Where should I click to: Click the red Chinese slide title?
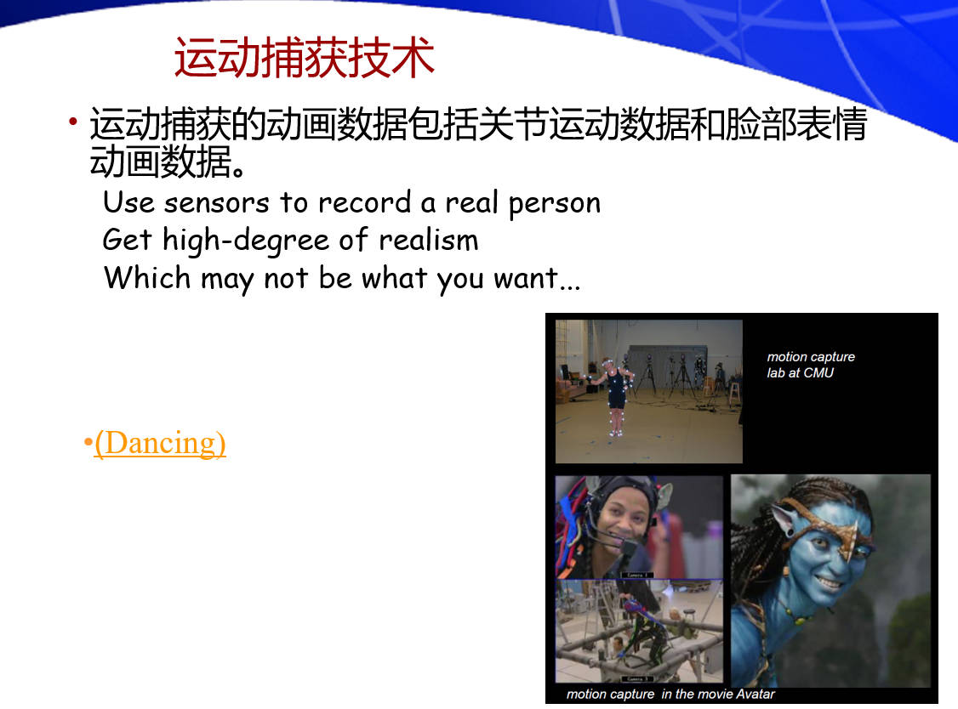305,58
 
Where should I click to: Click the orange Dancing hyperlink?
160,444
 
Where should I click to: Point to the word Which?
147,277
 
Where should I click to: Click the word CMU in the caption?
818,372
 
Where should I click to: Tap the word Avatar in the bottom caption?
756,694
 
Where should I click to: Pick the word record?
365,202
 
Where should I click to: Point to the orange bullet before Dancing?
88,441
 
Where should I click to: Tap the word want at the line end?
526,279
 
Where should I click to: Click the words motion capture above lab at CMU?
811,357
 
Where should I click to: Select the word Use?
128,202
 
